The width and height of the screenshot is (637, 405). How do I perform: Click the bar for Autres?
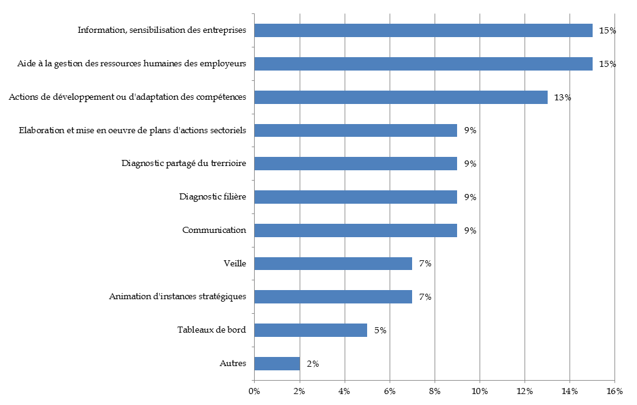(x=277, y=364)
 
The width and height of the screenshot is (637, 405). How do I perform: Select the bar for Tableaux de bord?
(x=311, y=330)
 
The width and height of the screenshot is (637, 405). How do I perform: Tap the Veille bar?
(x=333, y=263)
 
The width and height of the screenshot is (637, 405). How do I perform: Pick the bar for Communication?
(x=356, y=230)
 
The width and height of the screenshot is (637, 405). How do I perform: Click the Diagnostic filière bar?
(x=356, y=197)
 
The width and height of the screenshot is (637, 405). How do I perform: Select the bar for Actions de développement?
(x=401, y=97)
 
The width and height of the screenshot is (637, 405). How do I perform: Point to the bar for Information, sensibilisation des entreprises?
(x=423, y=30)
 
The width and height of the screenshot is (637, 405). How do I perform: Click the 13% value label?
(x=562, y=97)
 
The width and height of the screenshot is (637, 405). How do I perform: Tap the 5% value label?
(x=380, y=330)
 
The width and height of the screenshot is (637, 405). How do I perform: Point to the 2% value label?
(x=313, y=364)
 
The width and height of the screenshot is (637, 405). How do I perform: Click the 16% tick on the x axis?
(x=615, y=390)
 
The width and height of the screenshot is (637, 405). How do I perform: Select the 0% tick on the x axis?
(x=254, y=390)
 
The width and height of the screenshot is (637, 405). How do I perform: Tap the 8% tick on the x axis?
(x=435, y=390)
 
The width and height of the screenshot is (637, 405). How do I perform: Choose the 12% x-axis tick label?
(x=525, y=390)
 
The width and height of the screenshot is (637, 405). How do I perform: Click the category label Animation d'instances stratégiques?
(x=177, y=297)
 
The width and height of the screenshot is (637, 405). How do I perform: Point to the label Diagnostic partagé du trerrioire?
(x=184, y=164)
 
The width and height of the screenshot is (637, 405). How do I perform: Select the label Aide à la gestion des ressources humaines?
(x=131, y=64)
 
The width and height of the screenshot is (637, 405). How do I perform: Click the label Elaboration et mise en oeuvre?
(x=133, y=130)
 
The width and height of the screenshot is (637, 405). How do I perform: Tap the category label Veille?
(x=235, y=263)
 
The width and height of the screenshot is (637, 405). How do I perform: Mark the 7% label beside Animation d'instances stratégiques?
(x=425, y=297)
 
